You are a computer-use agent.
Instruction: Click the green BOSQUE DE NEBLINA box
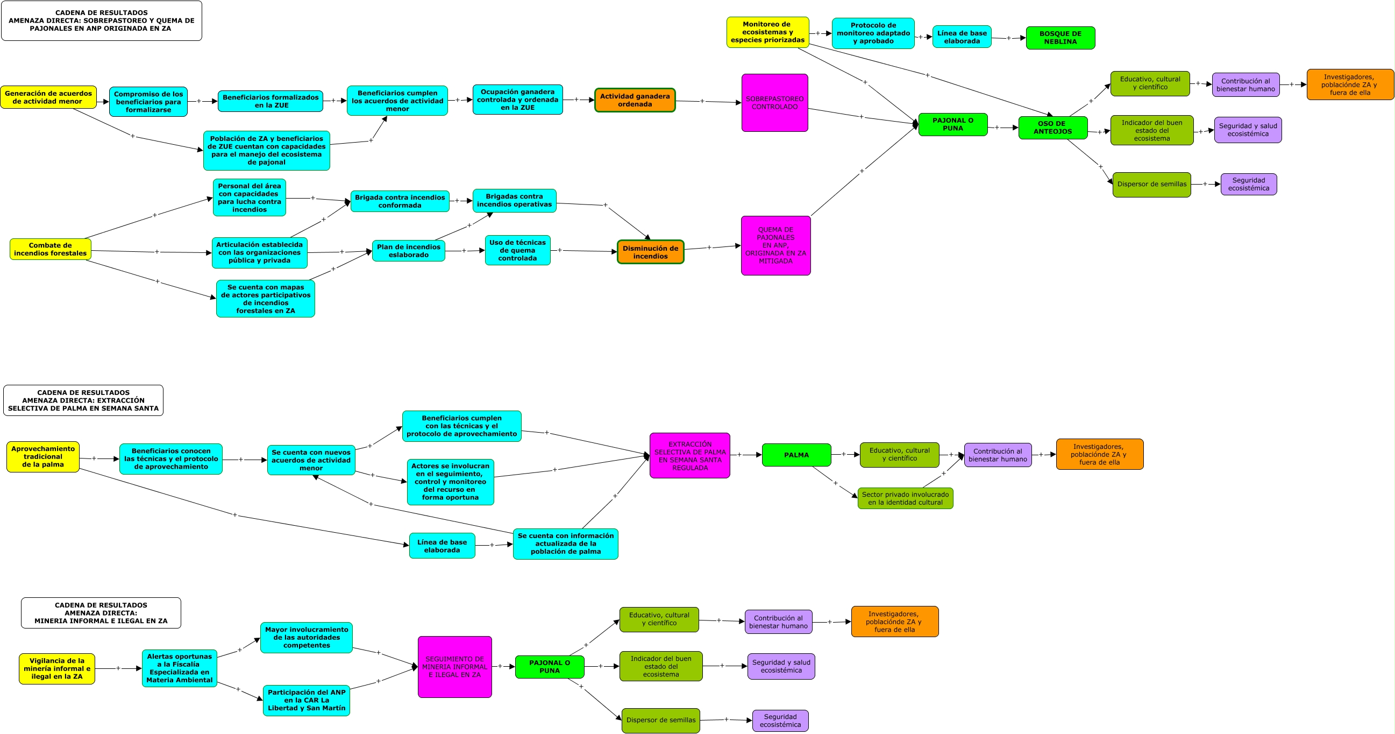(1060, 38)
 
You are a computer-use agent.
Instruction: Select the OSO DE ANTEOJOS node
(1052, 128)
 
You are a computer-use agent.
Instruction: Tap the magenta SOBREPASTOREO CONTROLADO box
(774, 103)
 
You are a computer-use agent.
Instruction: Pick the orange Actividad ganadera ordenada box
(635, 100)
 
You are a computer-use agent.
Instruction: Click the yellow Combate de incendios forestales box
(51, 249)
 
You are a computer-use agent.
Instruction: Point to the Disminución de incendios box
(650, 252)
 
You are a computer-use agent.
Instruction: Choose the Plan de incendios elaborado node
(408, 251)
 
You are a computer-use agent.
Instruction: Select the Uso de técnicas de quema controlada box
(517, 250)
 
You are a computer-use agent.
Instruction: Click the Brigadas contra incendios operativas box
(514, 200)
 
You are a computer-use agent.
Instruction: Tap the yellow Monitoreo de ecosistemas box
(767, 32)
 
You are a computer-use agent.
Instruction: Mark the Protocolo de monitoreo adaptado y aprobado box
(873, 33)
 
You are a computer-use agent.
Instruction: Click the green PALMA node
(796, 455)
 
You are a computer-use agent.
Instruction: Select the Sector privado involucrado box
(905, 498)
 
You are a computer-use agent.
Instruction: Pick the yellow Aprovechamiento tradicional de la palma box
(43, 457)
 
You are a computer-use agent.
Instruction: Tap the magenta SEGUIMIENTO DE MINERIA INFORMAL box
(454, 667)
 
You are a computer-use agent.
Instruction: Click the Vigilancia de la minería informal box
(57, 668)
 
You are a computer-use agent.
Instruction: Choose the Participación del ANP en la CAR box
(306, 700)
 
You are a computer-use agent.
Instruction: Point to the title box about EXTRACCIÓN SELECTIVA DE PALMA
(83, 400)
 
